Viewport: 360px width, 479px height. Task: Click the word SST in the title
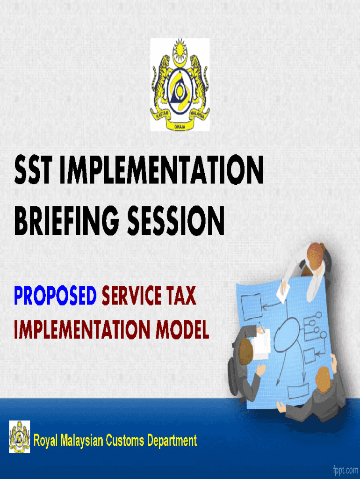coord(32,169)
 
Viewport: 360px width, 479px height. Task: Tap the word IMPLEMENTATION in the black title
coord(161,169)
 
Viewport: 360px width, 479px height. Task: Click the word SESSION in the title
coord(176,221)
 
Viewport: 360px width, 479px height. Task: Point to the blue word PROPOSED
coord(55,296)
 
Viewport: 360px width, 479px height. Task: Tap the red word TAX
coord(181,296)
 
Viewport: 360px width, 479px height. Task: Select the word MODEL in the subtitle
coord(182,329)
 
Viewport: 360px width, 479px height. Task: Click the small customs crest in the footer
coord(20,436)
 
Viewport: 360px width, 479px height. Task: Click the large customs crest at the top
coord(180,85)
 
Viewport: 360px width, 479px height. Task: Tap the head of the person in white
coord(315,255)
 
